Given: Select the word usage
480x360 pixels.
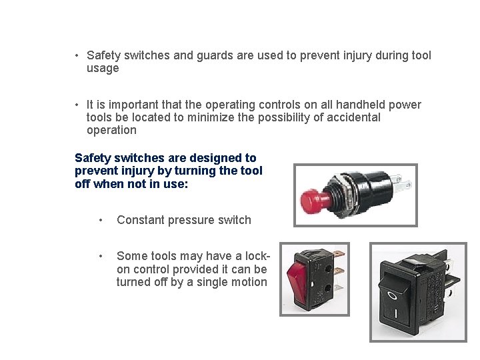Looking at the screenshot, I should pyautogui.click(x=103, y=68).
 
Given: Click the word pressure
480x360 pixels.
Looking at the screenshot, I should pyautogui.click(x=191, y=220).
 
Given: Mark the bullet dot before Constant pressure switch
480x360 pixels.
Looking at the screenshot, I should pyautogui.click(x=100, y=221).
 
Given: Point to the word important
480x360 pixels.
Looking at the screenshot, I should pyautogui.click(x=125, y=105).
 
